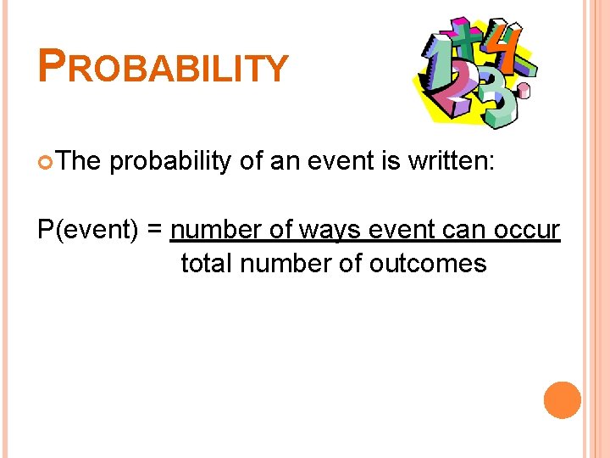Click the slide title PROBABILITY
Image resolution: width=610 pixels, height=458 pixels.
pyautogui.click(x=164, y=66)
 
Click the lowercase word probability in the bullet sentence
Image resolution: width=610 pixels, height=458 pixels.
pyautogui.click(x=170, y=161)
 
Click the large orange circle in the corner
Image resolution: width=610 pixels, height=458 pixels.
pyautogui.click(x=563, y=400)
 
